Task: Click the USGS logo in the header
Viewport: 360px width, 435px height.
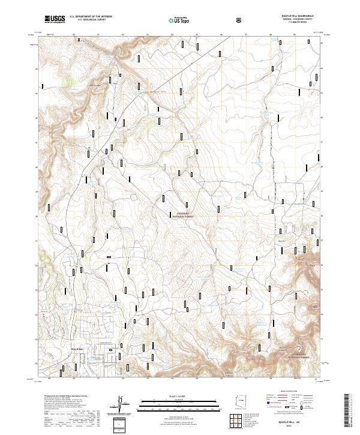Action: (55, 19)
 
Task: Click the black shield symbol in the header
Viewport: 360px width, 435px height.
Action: (239, 19)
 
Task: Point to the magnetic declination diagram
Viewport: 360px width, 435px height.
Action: (120, 404)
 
